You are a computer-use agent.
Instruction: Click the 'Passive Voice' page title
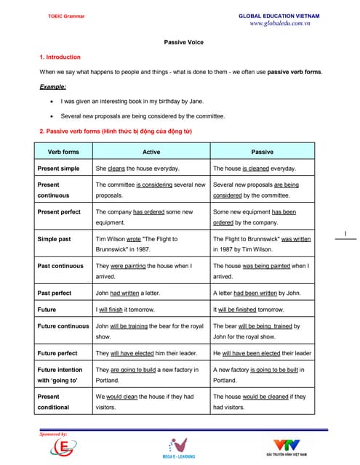[x=183, y=42]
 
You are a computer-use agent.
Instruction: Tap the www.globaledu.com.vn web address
[x=279, y=23]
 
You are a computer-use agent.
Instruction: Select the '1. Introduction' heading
[x=60, y=57]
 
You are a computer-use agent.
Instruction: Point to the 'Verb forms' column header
[x=63, y=151]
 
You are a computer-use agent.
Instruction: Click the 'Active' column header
[x=151, y=151]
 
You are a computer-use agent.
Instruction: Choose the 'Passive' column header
[x=262, y=151]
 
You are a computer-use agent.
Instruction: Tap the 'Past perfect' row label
[x=55, y=293]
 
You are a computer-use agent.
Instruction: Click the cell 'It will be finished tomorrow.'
[x=250, y=309]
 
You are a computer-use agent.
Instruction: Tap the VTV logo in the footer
[x=290, y=447]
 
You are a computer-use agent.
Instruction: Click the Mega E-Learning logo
[x=180, y=448]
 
